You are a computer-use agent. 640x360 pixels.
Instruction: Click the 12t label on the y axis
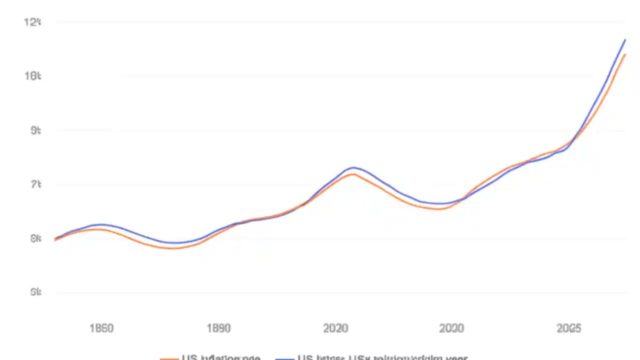point(32,22)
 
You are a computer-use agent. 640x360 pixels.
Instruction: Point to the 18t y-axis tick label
point(32,76)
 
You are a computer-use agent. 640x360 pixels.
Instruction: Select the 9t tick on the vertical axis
point(35,130)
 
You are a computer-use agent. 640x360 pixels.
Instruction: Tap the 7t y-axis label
point(35,184)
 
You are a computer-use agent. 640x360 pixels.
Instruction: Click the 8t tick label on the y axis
point(35,239)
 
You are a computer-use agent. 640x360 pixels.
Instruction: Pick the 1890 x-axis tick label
point(218,328)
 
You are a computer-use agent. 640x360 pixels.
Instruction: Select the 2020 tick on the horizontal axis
point(335,328)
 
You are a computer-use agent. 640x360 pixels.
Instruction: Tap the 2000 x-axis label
point(451,328)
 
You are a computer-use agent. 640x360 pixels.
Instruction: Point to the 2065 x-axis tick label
point(569,328)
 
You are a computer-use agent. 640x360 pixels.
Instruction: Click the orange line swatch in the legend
point(169,358)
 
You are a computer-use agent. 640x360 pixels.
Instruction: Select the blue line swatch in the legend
point(284,358)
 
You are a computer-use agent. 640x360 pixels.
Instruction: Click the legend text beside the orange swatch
point(221,357)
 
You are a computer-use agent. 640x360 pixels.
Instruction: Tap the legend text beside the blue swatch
point(382,357)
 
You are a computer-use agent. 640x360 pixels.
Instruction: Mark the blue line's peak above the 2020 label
point(353,167)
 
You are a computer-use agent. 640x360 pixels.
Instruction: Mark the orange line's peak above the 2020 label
point(353,174)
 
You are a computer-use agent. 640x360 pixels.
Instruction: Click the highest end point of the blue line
point(625,39)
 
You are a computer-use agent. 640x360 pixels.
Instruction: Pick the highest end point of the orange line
point(625,54)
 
